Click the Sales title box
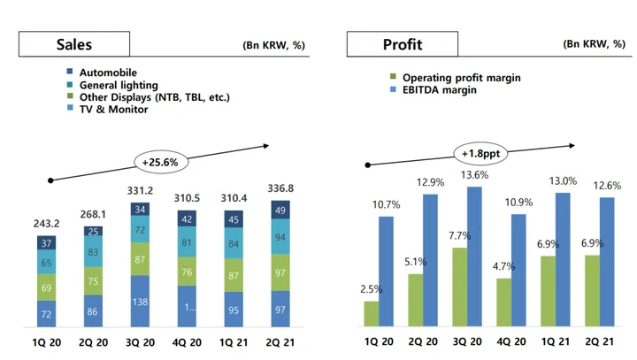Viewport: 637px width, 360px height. (74, 44)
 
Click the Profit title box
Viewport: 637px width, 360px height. (402, 44)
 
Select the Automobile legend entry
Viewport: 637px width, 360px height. (108, 73)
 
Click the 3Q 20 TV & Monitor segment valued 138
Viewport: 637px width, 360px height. (139, 301)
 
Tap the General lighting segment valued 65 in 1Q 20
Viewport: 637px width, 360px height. (47, 263)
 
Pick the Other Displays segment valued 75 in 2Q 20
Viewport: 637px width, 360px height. (93, 281)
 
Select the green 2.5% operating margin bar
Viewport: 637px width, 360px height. (372, 313)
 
